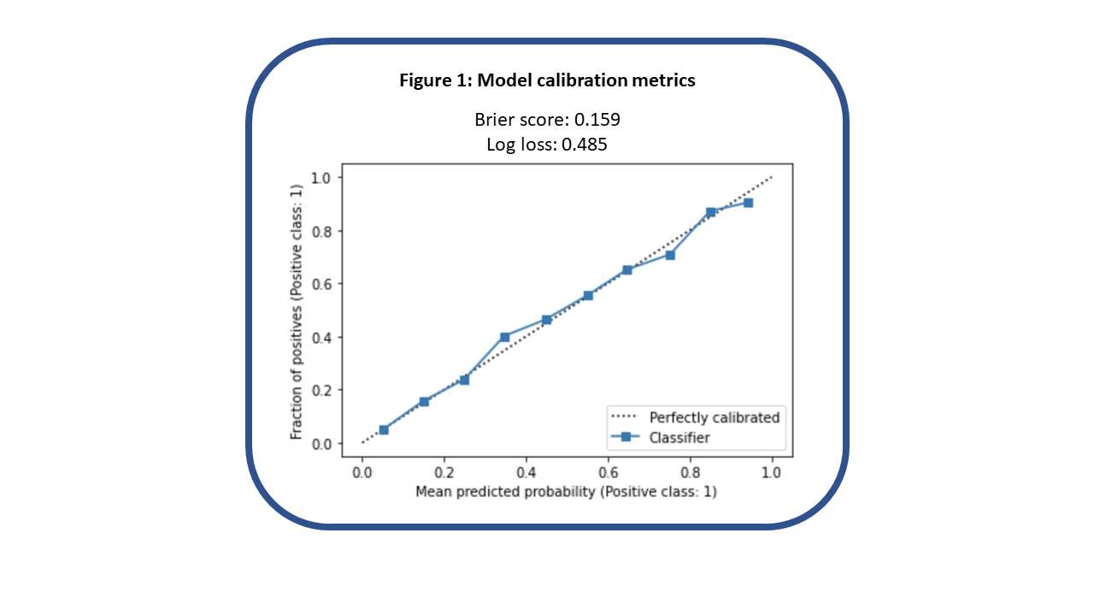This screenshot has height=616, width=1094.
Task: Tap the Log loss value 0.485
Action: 584,145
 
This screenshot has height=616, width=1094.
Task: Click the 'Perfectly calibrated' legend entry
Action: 715,418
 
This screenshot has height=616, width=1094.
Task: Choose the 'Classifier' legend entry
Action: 679,437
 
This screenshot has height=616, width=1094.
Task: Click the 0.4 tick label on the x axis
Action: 526,471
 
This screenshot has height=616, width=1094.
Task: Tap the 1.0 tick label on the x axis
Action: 773,471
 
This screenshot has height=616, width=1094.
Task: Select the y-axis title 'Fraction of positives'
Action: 297,311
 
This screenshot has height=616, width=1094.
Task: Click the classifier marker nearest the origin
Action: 384,429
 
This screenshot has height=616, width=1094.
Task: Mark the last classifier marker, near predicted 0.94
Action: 748,203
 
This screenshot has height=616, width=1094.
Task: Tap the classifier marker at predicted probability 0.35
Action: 505,337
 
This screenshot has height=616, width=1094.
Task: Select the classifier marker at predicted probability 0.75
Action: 670,255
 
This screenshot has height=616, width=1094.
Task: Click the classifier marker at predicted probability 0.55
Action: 588,295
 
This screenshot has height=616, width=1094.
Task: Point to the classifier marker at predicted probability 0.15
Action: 424,401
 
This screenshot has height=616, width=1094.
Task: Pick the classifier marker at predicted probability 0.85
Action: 710,212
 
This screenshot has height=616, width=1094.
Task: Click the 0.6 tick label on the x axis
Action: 609,471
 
